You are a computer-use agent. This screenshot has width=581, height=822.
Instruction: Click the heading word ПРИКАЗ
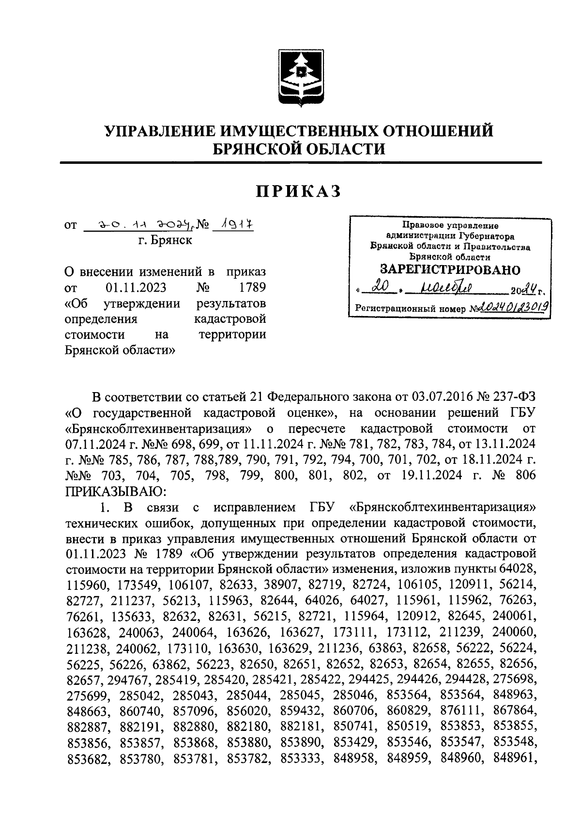point(299,191)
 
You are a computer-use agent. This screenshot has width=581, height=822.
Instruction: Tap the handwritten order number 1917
point(234,225)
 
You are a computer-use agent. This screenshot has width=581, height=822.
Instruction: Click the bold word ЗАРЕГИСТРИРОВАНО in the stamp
point(450,270)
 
